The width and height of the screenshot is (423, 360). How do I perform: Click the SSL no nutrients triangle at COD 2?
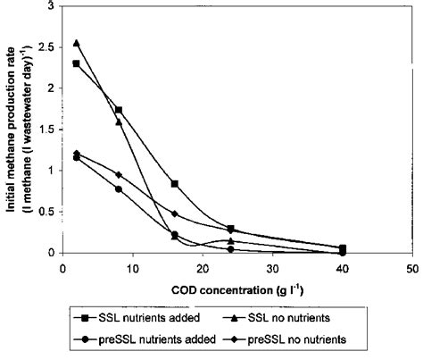[x=77, y=43]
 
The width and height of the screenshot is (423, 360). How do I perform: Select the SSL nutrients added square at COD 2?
[x=77, y=63]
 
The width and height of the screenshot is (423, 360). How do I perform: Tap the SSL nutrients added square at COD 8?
[x=119, y=110]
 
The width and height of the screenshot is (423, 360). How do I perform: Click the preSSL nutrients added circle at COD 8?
[x=119, y=189]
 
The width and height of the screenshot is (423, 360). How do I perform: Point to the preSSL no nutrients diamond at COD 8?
[x=119, y=174]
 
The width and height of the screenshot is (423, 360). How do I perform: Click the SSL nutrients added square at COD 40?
[x=343, y=248]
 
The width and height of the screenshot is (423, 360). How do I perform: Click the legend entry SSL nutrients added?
[x=138, y=315]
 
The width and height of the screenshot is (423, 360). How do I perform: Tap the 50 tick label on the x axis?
[x=412, y=267]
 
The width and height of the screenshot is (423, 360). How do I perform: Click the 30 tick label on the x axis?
[x=272, y=267]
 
